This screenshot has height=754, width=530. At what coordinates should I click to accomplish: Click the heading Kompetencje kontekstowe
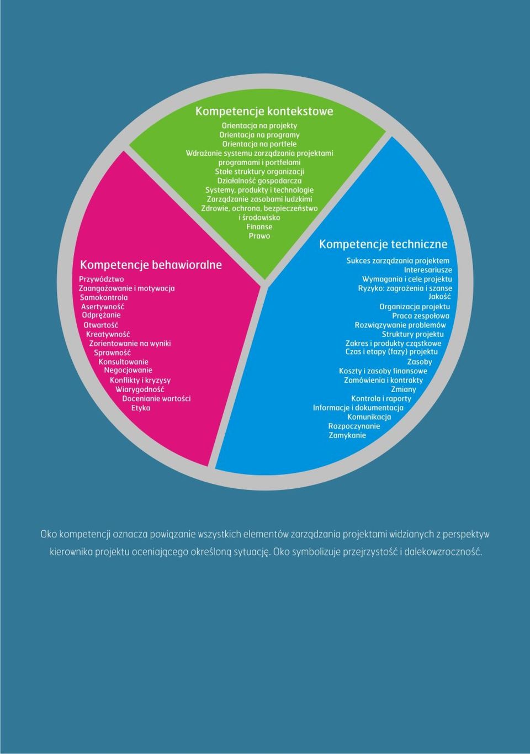pyautogui.click(x=264, y=112)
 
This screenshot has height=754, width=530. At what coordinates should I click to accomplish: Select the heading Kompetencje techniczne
pyautogui.click(x=383, y=244)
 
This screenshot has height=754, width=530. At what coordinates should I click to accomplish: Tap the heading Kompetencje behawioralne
pyautogui.click(x=151, y=265)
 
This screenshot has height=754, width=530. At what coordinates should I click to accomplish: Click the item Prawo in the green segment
pyautogui.click(x=259, y=236)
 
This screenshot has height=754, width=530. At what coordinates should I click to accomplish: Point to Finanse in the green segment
pyautogui.click(x=259, y=227)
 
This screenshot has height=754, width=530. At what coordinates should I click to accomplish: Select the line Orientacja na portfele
pyautogui.click(x=259, y=144)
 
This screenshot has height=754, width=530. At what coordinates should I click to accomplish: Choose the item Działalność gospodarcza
pyautogui.click(x=259, y=181)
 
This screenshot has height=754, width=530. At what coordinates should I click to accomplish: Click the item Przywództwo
pyautogui.click(x=101, y=280)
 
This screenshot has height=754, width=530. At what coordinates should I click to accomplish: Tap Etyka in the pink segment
pyautogui.click(x=141, y=408)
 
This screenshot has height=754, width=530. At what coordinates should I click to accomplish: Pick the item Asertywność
pyautogui.click(x=103, y=307)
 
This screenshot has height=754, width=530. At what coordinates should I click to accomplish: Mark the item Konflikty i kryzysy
pyautogui.click(x=140, y=381)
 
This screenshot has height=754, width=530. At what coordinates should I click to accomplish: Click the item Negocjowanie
pyautogui.click(x=128, y=370)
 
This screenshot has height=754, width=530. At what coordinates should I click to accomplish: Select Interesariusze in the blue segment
pyautogui.click(x=428, y=270)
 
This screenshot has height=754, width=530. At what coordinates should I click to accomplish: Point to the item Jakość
pyautogui.click(x=439, y=297)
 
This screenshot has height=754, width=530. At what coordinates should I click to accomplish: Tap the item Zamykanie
pyautogui.click(x=347, y=436)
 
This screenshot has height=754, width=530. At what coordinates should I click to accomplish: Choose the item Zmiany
pyautogui.click(x=404, y=389)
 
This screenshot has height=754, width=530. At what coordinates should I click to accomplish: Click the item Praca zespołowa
pyautogui.click(x=421, y=316)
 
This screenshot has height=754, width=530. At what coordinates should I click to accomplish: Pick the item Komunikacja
pyautogui.click(x=369, y=417)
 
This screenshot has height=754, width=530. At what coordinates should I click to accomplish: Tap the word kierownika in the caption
pyautogui.click(x=71, y=552)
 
